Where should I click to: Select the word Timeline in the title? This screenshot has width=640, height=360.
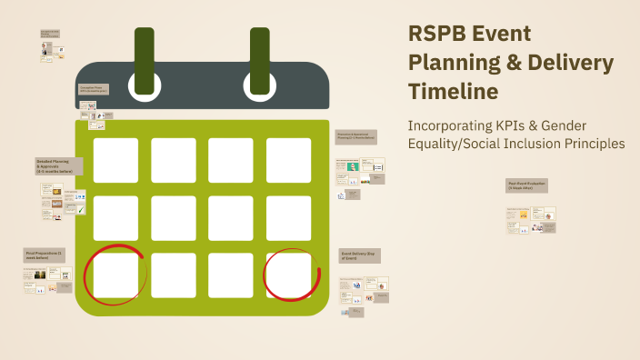[x=452, y=92]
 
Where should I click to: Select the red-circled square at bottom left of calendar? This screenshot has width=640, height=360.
[x=115, y=275]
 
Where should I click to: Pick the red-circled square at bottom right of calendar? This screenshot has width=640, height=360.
[x=288, y=275]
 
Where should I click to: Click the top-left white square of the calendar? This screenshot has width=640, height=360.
[x=115, y=160]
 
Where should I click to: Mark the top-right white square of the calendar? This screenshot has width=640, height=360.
[x=288, y=160]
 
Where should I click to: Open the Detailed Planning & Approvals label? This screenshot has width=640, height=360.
[x=59, y=166]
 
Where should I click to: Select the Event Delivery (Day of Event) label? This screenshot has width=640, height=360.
[x=360, y=255]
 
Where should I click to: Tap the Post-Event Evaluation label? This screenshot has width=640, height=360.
[x=527, y=185]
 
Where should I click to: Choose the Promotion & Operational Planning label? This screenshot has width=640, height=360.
[x=356, y=136]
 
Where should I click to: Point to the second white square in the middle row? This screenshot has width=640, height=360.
[x=173, y=218]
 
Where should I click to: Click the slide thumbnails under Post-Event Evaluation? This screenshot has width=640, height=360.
[x=531, y=220]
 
